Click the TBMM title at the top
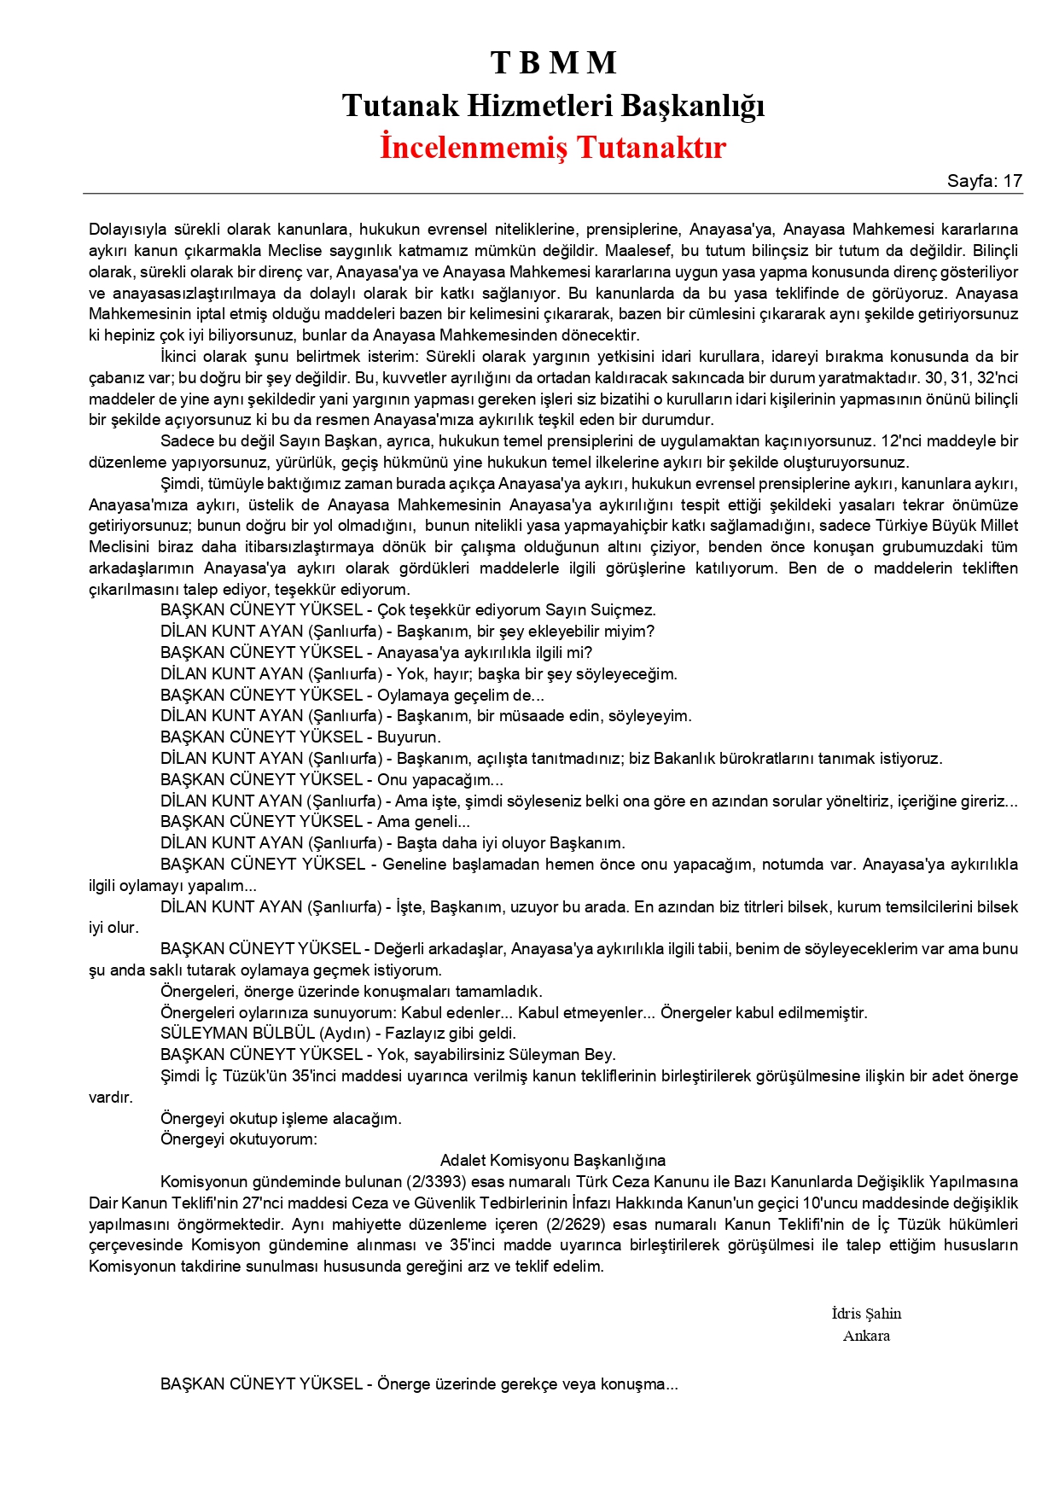pos(553,62)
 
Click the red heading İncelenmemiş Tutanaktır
pos(553,147)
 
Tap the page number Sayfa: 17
pos(984,181)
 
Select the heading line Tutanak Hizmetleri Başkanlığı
pos(553,105)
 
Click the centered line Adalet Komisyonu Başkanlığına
pos(553,1161)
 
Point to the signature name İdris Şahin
pos(866,1314)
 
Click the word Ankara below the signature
pos(866,1336)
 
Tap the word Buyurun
pos(409,737)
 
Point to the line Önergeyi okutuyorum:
pos(238,1139)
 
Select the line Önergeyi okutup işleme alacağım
pos(281,1118)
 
